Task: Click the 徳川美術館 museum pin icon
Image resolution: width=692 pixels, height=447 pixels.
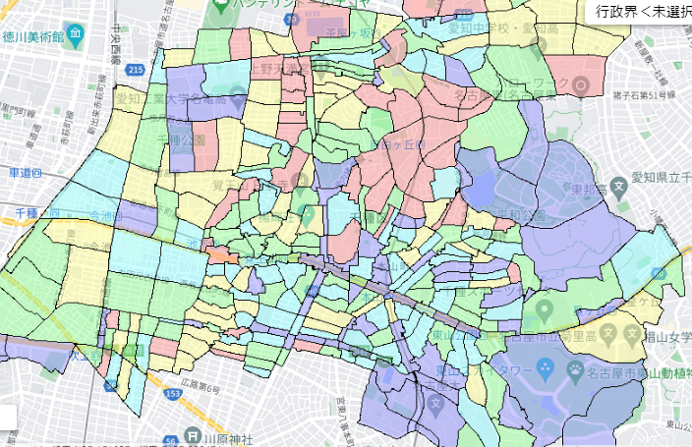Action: [76, 34]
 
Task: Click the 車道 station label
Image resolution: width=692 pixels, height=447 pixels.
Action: [24, 172]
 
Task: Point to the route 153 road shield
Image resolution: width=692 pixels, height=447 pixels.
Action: [145, 394]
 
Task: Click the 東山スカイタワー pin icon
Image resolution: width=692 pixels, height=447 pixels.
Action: [542, 369]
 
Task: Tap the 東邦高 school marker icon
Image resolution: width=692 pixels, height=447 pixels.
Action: [618, 186]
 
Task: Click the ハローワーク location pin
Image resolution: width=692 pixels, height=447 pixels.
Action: [580, 85]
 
